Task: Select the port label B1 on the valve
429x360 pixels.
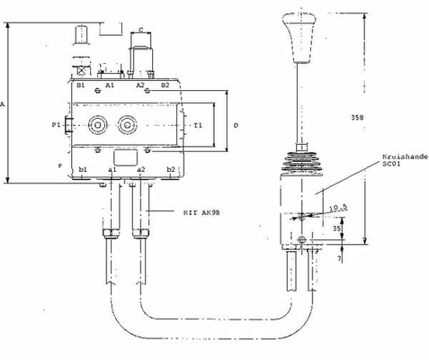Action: [x=80, y=85]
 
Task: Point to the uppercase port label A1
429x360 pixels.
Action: [x=110, y=85]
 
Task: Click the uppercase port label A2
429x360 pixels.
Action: [x=140, y=85]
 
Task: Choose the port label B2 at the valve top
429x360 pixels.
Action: [x=165, y=85]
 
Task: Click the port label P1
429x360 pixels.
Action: [x=57, y=124]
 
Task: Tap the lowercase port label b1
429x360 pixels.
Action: [x=83, y=168]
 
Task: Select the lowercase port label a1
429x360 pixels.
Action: [x=112, y=168]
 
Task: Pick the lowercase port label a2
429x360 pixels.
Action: [x=140, y=168]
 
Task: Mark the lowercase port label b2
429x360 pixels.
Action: [x=171, y=168]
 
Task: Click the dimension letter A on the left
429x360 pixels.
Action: [x=4, y=105]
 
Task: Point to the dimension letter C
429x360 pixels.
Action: [x=143, y=30]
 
